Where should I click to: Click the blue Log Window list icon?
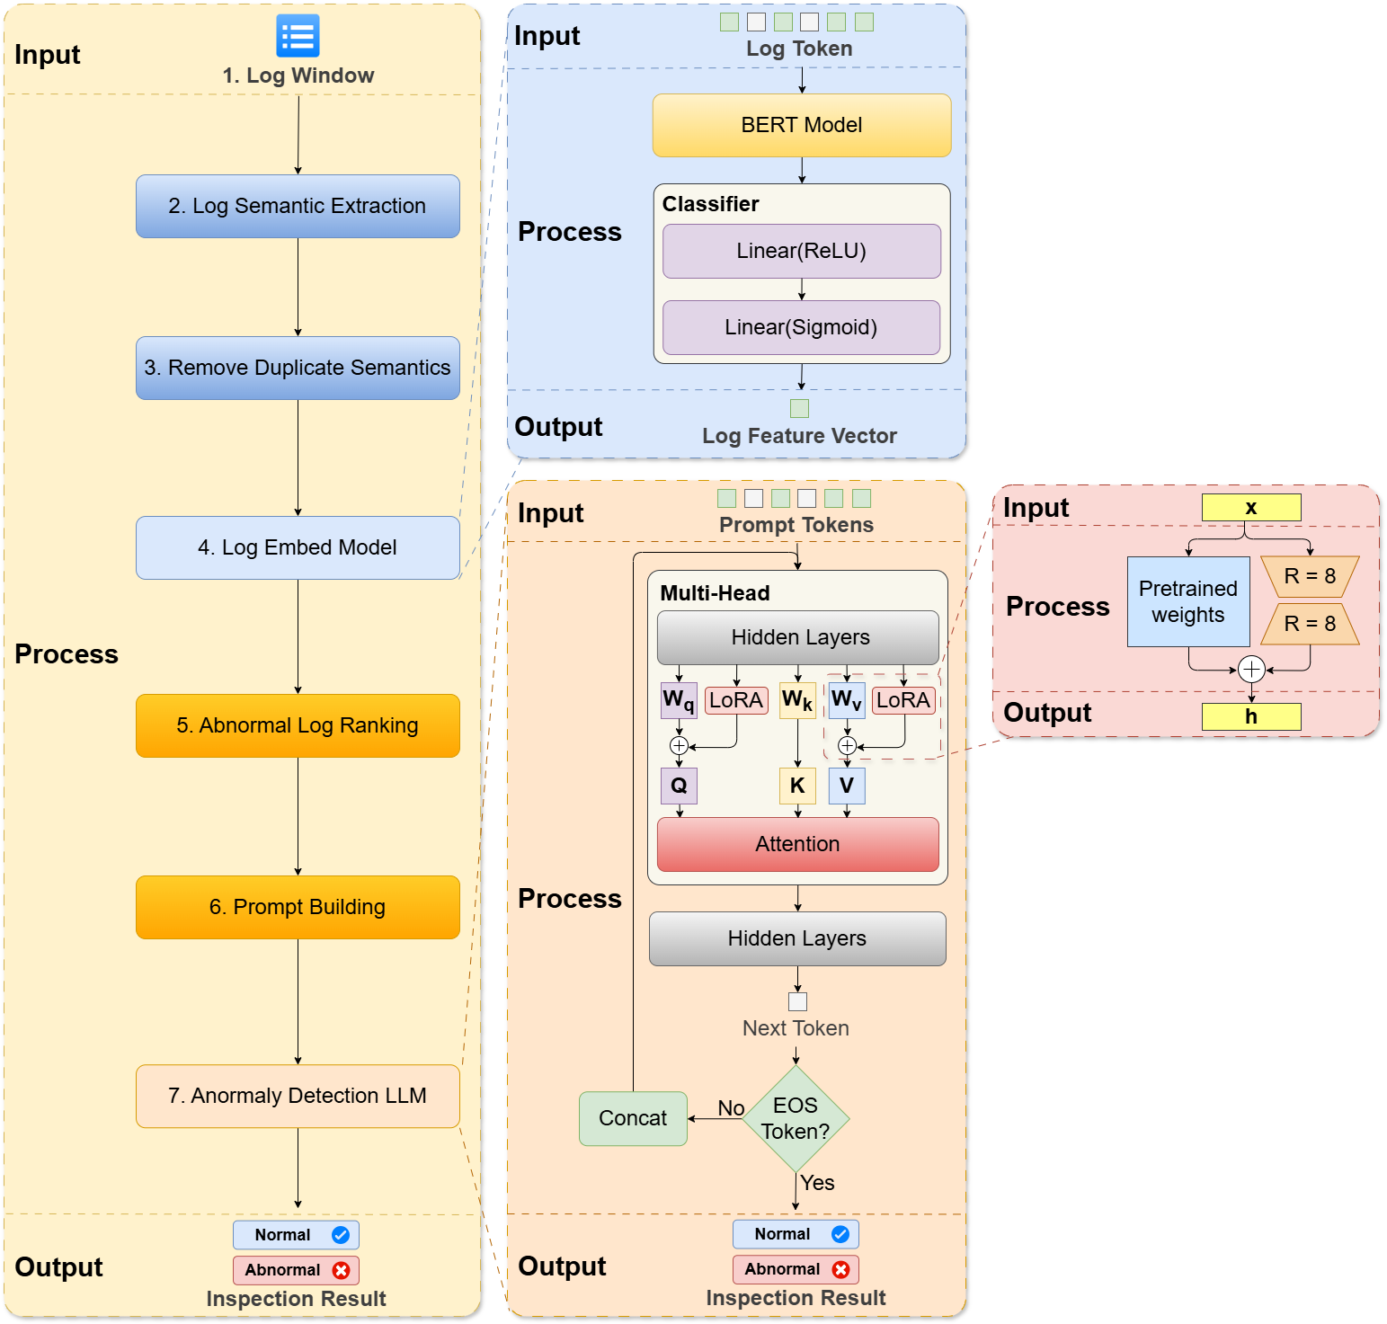(298, 36)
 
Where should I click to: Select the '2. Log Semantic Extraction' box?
(298, 206)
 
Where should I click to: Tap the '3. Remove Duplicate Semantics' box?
(298, 368)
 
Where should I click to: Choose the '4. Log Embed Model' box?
(298, 547)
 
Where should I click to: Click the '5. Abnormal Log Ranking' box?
(298, 725)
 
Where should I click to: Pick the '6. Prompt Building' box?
(298, 907)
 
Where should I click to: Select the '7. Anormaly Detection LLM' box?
(298, 1096)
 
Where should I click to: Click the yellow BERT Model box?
(801, 125)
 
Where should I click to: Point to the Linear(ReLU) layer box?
(801, 251)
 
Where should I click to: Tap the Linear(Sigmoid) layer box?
(801, 327)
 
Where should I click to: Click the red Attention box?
(797, 844)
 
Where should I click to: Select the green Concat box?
(633, 1118)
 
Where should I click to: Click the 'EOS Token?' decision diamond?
(796, 1118)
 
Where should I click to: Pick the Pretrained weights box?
(1188, 601)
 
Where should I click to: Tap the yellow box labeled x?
(1250, 508)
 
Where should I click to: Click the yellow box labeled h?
(1250, 716)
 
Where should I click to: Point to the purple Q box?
(679, 786)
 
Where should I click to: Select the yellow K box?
(797, 786)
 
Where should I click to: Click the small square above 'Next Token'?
(797, 1001)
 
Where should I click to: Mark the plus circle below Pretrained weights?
(1251, 669)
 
